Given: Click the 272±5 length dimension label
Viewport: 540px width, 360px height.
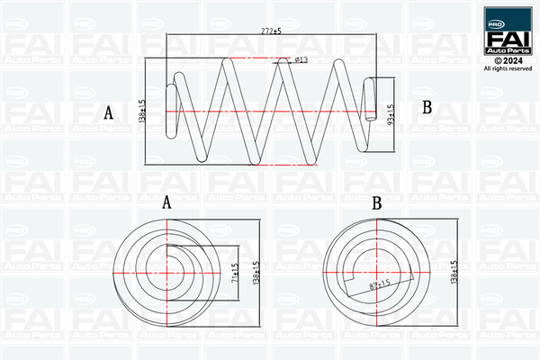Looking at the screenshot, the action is [x=271, y=31].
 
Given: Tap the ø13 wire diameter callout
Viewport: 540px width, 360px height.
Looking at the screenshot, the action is [x=301, y=60].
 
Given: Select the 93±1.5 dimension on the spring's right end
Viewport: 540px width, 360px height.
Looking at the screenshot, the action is [x=391, y=114].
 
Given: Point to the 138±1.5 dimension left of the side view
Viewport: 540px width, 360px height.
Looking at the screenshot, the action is [x=142, y=111].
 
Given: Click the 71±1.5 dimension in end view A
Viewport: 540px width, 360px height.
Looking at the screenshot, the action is [x=235, y=273].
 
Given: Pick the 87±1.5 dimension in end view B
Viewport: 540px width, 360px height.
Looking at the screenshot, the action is [x=380, y=285].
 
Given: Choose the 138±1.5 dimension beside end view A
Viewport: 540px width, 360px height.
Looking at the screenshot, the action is [x=256, y=273].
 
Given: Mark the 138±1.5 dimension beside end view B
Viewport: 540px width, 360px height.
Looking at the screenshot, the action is [x=454, y=272].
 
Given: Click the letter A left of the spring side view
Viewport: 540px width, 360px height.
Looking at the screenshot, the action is [x=109, y=112].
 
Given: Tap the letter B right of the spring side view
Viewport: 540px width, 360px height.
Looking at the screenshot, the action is [x=427, y=107].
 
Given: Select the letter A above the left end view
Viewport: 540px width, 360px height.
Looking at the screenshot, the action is [x=166, y=202].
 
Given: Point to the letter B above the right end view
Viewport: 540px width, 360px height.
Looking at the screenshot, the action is [x=377, y=203].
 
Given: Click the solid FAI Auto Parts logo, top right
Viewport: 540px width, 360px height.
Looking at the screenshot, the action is [x=508, y=31].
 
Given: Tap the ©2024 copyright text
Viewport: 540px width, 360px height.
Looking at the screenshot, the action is [x=508, y=61].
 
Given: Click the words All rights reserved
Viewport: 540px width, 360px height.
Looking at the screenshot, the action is [x=508, y=68].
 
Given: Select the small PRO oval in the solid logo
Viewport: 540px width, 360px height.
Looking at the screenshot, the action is [x=496, y=24].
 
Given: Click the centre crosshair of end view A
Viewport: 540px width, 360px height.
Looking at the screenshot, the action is [x=167, y=273].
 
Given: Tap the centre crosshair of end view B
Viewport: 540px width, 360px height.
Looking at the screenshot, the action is [x=377, y=272].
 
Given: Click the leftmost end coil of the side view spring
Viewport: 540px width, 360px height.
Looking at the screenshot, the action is [x=171, y=112].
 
